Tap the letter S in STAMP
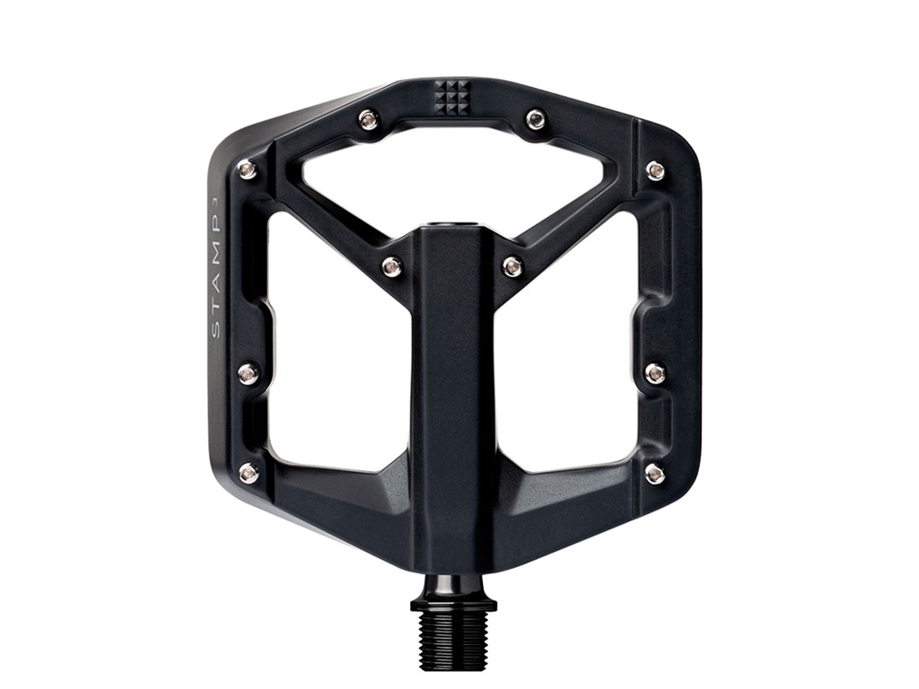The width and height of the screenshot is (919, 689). (215, 331)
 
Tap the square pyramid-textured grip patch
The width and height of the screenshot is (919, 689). (451, 98)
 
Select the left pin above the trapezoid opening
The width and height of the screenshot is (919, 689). (368, 119)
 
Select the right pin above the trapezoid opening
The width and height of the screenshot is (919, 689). (536, 119)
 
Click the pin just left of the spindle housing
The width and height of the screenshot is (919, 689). (391, 266)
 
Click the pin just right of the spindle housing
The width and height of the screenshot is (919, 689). (512, 266)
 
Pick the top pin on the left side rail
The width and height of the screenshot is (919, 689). (248, 170)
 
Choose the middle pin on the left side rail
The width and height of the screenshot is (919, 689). (248, 373)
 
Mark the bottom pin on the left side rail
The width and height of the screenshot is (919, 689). (249, 473)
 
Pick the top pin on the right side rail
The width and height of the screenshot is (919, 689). (656, 170)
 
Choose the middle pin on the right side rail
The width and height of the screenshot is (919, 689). (656, 373)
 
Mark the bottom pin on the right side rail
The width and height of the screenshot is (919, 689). (656, 474)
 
